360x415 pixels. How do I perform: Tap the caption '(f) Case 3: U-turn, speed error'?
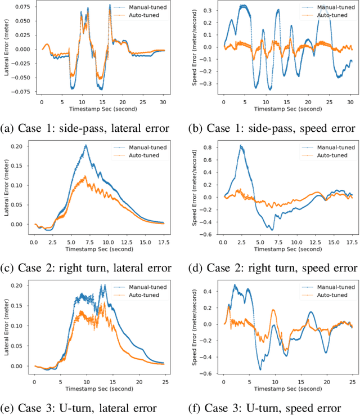click(269, 407)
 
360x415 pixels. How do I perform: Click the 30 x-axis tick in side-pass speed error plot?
click(350, 102)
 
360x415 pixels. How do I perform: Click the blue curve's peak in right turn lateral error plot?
click(86, 145)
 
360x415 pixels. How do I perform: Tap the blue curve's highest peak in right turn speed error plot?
click(241, 146)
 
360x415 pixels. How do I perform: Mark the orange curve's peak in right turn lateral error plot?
click(85, 176)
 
